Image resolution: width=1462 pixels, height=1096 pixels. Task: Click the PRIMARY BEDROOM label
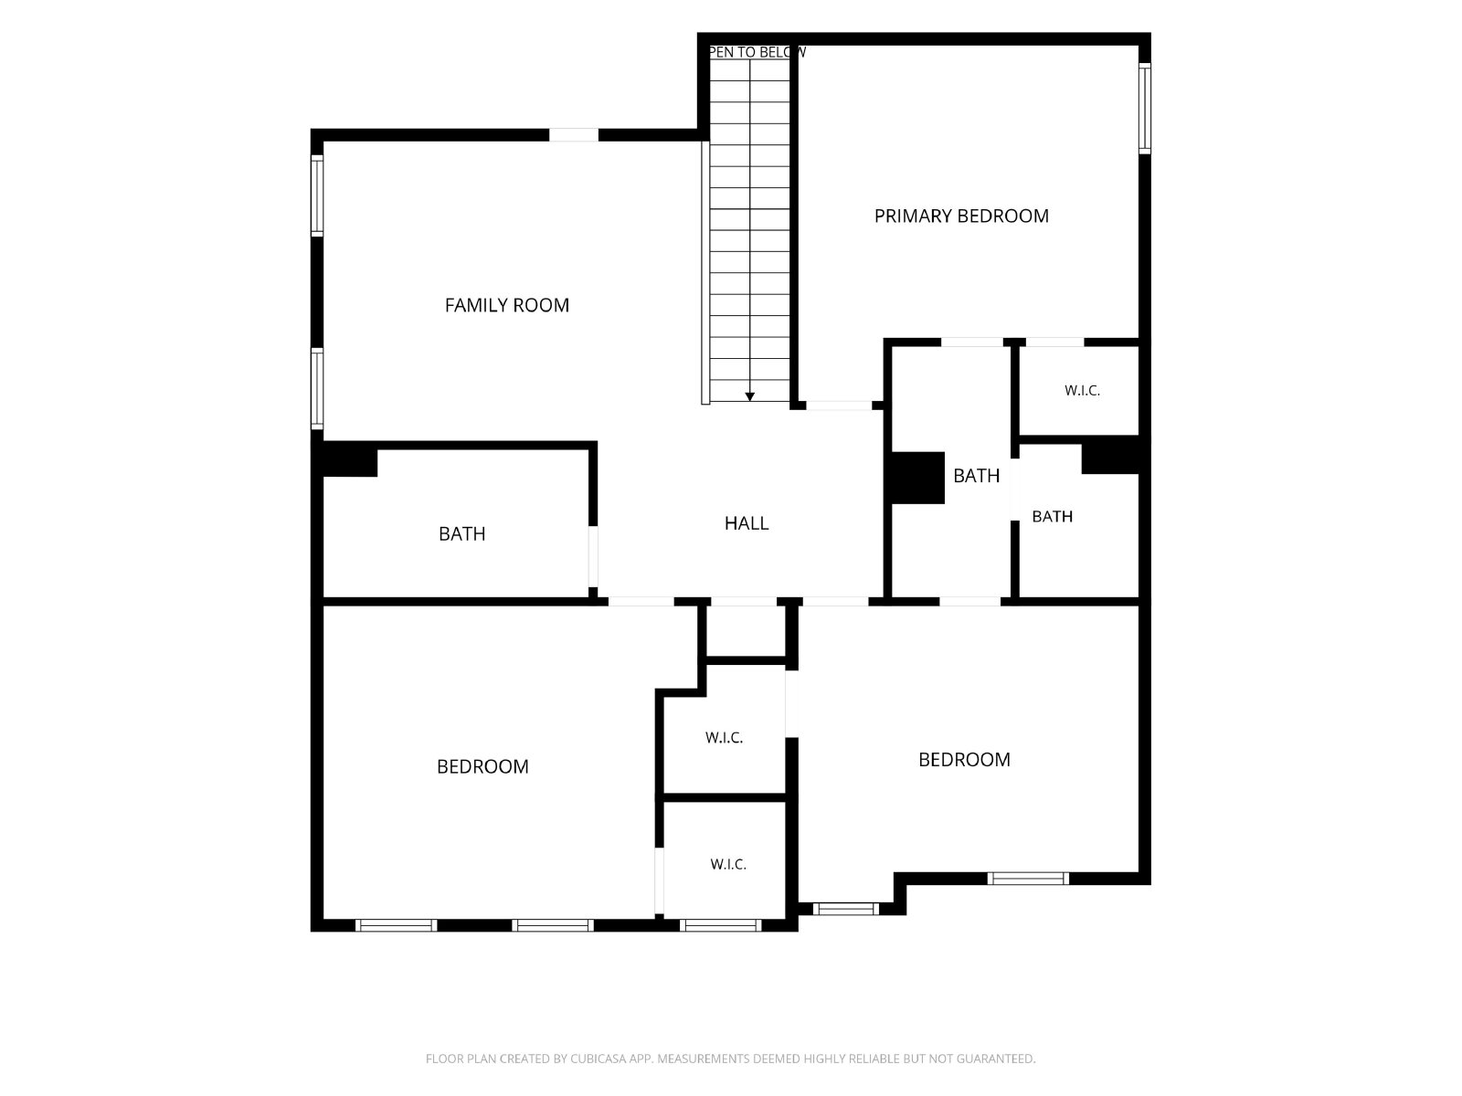click(960, 216)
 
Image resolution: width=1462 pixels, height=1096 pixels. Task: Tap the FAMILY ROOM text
click(506, 305)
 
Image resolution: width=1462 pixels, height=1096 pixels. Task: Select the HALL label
click(746, 523)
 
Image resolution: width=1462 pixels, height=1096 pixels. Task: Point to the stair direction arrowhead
click(749, 396)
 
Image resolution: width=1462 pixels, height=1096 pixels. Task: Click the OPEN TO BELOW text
click(757, 52)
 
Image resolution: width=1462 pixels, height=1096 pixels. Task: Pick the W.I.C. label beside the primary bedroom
click(1082, 391)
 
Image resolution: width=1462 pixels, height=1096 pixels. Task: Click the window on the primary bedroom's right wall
click(1144, 109)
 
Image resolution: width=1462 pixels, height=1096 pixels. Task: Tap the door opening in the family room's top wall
click(574, 135)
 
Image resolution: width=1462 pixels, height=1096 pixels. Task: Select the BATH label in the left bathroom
click(461, 533)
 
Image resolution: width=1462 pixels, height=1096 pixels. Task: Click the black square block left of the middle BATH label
click(917, 478)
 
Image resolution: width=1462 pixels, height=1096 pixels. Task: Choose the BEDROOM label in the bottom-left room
click(482, 766)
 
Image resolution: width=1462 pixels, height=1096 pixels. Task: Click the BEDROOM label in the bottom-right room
click(964, 759)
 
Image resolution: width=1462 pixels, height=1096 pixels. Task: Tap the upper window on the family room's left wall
click(317, 195)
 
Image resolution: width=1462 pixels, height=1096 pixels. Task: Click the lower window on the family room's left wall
click(317, 389)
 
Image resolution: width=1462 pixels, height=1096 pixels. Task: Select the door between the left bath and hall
click(592, 556)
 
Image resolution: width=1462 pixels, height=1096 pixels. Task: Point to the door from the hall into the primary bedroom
click(839, 406)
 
